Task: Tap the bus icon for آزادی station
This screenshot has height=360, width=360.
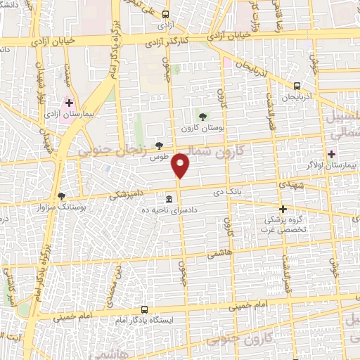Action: click(165, 14)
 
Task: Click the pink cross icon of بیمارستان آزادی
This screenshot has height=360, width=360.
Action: click(69, 102)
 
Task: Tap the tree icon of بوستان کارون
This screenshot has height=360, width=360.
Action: click(202, 117)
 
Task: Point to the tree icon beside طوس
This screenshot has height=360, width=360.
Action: click(160, 146)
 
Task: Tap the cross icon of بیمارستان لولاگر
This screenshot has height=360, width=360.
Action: click(331, 154)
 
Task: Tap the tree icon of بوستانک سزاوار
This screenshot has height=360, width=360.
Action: click(61, 196)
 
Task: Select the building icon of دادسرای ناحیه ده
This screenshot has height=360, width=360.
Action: click(169, 199)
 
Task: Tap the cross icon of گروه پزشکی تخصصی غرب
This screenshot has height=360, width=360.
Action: click(283, 209)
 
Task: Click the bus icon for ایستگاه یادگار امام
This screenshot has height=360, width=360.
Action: click(144, 309)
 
